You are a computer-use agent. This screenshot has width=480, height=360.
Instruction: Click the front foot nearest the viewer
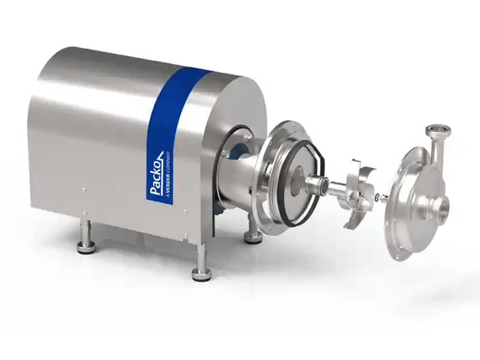pyautogui.click(x=201, y=273)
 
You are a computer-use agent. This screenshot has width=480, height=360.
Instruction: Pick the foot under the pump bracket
pyautogui.click(x=254, y=237)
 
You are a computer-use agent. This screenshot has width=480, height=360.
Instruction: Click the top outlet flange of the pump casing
pyautogui.click(x=435, y=129)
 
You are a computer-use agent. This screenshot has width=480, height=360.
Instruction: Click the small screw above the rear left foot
pyautogui.click(x=83, y=190)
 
